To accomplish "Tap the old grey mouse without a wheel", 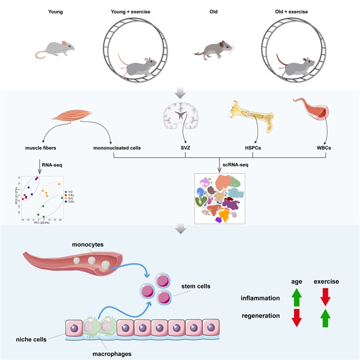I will coord(213,50).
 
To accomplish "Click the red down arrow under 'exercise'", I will coord(327,296).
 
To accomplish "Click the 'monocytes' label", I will coord(89,245).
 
